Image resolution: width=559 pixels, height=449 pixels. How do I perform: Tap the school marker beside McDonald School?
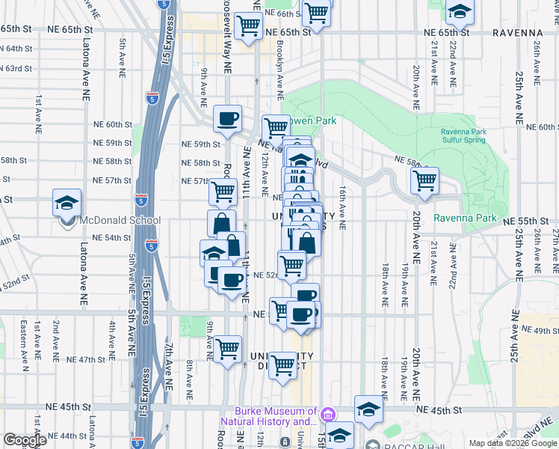point(67,203)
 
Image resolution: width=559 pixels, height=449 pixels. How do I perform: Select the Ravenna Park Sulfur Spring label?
point(463,135)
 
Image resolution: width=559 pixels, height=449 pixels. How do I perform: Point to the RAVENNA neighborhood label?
point(517,33)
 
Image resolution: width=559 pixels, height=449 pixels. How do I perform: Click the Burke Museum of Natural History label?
point(275,416)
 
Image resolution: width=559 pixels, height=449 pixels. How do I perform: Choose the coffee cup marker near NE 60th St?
point(227,118)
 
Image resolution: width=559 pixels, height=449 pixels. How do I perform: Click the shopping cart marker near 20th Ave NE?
point(424,180)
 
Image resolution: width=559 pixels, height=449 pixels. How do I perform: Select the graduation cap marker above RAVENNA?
point(460,11)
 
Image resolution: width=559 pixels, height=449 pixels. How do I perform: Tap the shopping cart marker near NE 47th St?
point(227,348)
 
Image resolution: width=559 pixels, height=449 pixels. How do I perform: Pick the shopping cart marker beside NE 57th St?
point(223,193)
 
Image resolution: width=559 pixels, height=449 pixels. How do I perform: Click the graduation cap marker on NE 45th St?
point(368,409)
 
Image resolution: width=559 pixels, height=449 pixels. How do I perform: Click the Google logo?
point(25,441)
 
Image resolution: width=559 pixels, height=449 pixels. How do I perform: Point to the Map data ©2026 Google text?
point(513,443)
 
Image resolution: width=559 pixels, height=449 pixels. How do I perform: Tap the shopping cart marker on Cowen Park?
point(275,127)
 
